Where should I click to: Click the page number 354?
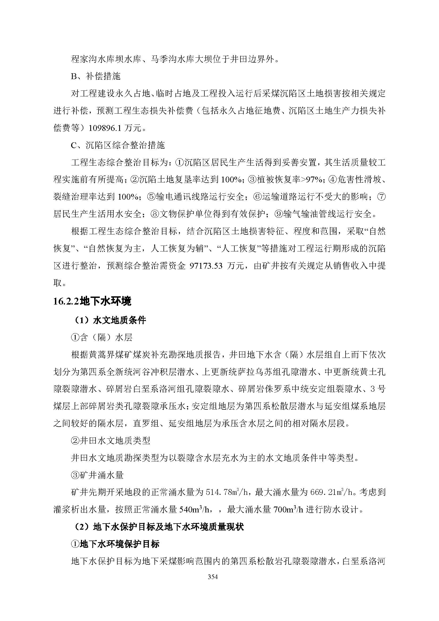point(213,577)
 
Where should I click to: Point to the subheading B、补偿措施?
point(96,76)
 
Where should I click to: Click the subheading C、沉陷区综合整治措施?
point(118,145)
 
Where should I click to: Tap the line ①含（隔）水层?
point(102,337)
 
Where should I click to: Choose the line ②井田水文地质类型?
point(111,441)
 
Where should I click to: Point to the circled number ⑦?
point(381,197)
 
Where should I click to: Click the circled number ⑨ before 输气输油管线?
point(278,214)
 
